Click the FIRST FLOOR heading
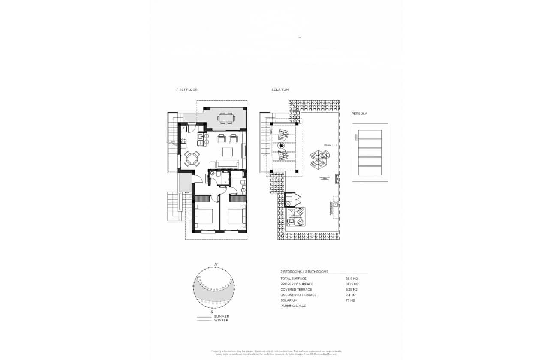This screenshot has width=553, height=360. (187, 90)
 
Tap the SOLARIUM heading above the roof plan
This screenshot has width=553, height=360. (280, 90)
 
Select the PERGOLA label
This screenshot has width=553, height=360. (359, 114)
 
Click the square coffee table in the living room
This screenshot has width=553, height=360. (227, 152)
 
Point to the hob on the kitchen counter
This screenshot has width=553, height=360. (183, 140)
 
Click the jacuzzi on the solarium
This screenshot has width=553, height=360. (296, 216)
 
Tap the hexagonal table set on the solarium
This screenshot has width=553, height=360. (318, 160)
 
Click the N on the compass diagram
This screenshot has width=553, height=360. (216, 264)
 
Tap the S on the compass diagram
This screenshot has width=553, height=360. (212, 312)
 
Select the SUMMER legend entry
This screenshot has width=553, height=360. (222, 316)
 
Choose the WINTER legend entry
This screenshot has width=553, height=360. (221, 320)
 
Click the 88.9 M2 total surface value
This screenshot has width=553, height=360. (352, 279)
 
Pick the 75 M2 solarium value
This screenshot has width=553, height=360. (350, 300)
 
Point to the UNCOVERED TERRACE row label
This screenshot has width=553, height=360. (298, 295)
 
